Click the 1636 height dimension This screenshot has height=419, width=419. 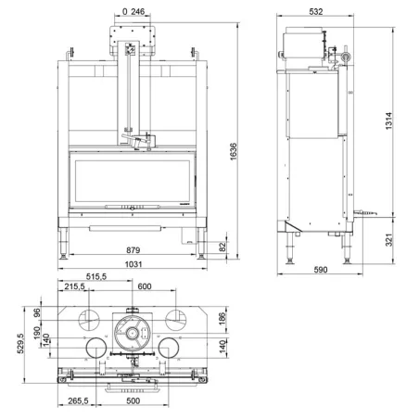(234, 151)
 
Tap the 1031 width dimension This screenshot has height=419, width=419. (133, 264)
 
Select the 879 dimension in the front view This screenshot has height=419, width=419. (133, 250)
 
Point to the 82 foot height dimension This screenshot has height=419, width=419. (222, 247)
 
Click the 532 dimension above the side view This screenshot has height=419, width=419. (316, 12)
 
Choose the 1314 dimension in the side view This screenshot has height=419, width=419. (388, 121)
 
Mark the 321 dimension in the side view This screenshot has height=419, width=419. (389, 240)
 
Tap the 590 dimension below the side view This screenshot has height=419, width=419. (321, 270)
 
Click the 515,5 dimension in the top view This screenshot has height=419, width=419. (96, 276)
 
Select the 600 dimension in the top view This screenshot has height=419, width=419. (145, 286)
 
